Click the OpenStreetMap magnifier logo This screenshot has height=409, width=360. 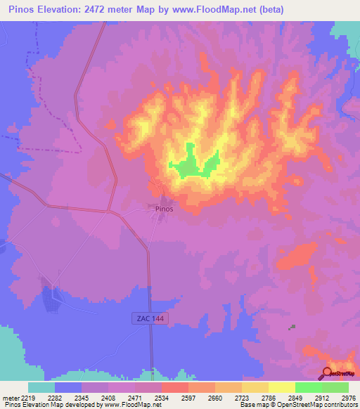(x=328, y=374)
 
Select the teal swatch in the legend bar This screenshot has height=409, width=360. (x=41, y=387)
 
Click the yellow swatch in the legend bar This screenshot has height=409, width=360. (x=281, y=387)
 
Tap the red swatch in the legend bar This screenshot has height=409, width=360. (x=174, y=387)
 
